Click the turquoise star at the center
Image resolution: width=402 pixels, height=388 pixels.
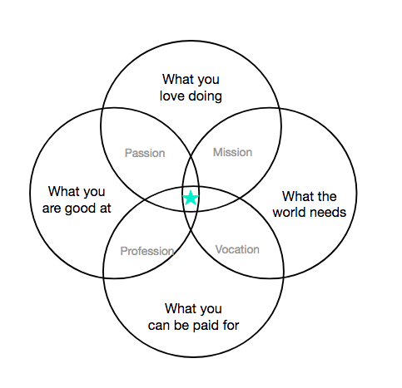pyautogui.click(x=191, y=198)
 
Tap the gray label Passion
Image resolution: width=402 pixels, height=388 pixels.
pyautogui.click(x=145, y=153)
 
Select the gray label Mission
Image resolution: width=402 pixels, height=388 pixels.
pyautogui.click(x=232, y=152)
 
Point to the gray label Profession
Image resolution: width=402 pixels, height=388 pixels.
pyautogui.click(x=147, y=251)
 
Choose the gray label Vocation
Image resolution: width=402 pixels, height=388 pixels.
pyautogui.click(x=237, y=249)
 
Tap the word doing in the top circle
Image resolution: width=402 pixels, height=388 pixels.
pyautogui.click(x=205, y=97)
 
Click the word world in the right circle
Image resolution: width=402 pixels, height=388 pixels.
pyautogui.click(x=289, y=212)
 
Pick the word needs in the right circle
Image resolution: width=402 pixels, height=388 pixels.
pyautogui.click(x=328, y=213)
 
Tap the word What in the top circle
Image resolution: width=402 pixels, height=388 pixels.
pyautogui.click(x=176, y=79)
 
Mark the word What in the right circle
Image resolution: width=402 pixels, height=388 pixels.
pyautogui.click(x=296, y=196)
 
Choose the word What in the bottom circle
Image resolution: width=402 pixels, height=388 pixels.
pyautogui.click(x=179, y=308)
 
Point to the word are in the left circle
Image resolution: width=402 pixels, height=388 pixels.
pyautogui.click(x=52, y=209)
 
